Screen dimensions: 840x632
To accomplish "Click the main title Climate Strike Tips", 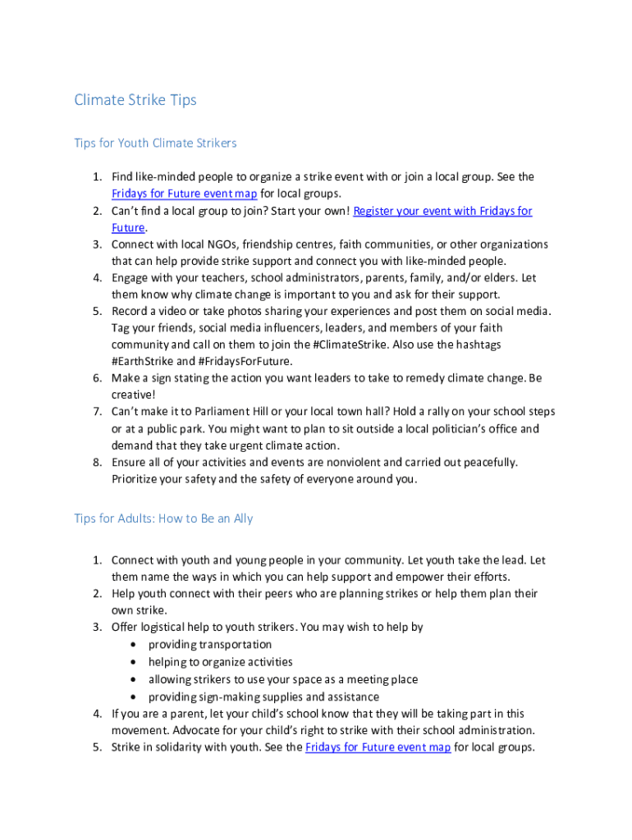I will (x=135, y=100).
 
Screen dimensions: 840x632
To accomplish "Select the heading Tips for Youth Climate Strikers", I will (x=155, y=143).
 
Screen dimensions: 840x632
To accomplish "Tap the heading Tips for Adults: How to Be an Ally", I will (x=163, y=518).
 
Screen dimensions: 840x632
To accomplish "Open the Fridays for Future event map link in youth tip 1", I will (x=185, y=194).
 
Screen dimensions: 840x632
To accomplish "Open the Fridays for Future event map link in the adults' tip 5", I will (x=378, y=747).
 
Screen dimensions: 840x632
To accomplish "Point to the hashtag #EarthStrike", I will (x=142, y=361).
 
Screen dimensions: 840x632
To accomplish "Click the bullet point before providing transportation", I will (x=134, y=645).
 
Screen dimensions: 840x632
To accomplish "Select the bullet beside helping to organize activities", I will (x=134, y=662).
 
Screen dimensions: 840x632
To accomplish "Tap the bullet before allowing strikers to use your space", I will (x=134, y=679).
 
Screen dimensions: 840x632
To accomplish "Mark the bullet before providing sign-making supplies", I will (x=134, y=697).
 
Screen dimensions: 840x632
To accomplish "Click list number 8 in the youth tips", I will (x=96, y=462).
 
